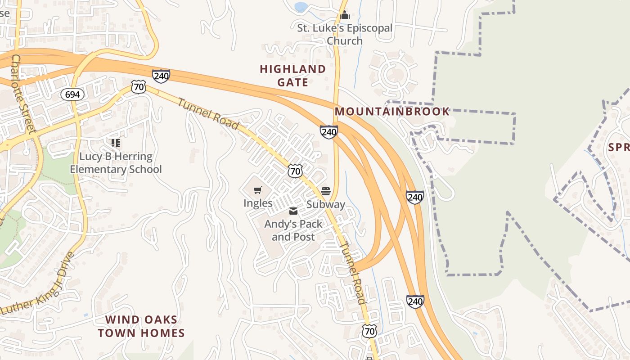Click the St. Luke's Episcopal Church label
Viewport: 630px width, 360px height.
click(345, 34)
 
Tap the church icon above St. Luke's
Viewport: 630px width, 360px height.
click(345, 15)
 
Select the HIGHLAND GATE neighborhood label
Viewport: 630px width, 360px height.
click(293, 76)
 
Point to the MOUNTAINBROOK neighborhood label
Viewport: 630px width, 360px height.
click(392, 112)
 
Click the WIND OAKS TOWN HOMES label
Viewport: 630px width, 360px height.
click(141, 326)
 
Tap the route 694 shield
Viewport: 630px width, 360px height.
click(72, 94)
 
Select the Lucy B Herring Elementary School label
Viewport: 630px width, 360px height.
click(116, 163)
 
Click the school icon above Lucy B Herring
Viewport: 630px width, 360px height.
click(116, 143)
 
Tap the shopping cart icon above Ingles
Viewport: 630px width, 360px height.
click(258, 190)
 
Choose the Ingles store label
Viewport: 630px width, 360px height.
click(258, 203)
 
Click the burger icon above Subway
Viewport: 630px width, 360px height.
click(326, 191)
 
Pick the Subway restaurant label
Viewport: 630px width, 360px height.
click(326, 204)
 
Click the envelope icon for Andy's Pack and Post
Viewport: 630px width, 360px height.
click(293, 211)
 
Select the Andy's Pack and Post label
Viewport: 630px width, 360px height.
click(293, 230)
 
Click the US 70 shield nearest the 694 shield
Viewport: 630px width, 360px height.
click(139, 87)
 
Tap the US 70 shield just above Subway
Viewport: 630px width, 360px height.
click(295, 171)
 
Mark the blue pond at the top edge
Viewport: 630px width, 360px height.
click(301, 6)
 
